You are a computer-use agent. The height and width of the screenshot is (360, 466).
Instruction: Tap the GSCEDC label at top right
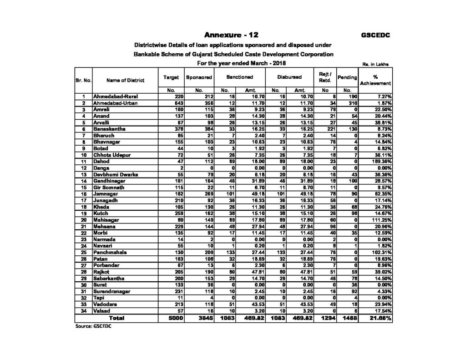375,35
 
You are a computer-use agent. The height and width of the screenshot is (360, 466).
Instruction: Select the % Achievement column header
375,81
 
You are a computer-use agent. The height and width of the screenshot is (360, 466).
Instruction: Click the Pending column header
347,78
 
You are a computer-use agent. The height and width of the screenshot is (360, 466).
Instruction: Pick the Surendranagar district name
112,291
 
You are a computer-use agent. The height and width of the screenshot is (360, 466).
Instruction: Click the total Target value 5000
174,318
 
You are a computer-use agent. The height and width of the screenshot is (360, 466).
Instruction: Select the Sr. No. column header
84,81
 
